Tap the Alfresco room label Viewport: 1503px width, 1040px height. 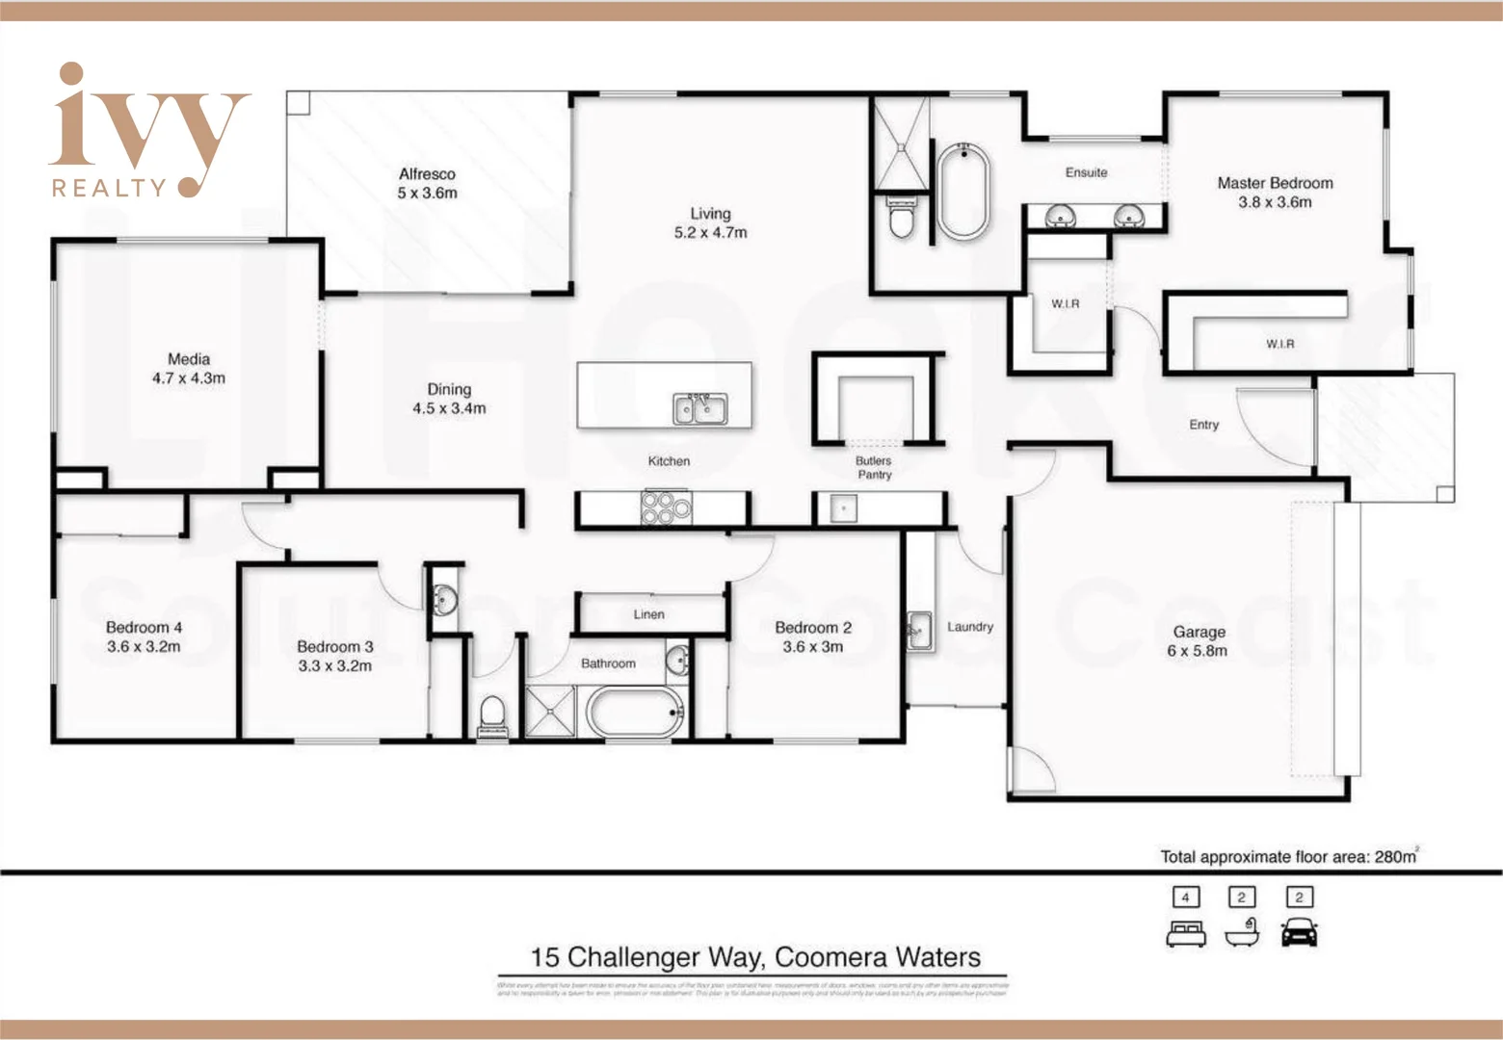pos(427,174)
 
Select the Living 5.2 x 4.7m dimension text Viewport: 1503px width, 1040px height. pos(710,232)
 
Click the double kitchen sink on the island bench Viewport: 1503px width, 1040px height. pos(699,408)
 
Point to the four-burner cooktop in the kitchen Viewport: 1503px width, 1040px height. pos(666,507)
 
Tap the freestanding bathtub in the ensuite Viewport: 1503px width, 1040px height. pos(960,192)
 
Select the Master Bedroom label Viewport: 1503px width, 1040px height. pos(1275,183)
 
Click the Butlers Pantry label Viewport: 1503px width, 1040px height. pos(874,467)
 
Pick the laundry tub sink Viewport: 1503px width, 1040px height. pos(919,631)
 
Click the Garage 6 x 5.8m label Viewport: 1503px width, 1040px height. pos(1199,641)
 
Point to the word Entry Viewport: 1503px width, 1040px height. pos(1203,425)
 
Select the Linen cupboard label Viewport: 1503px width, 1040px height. pos(648,614)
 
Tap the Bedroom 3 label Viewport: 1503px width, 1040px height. pos(334,646)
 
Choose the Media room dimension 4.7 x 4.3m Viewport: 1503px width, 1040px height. pos(189,378)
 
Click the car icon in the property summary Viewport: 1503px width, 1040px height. pos(1299,932)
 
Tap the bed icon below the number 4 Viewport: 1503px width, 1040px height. pos(1185,933)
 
